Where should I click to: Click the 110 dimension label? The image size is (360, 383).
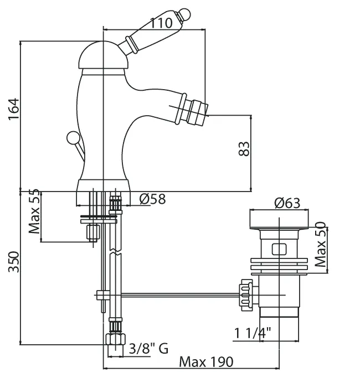(161, 23)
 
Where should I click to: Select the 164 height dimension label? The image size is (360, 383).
(13, 109)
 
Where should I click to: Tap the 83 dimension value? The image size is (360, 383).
(244, 148)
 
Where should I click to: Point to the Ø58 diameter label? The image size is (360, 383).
(152, 199)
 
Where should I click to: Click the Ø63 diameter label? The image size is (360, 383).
(287, 203)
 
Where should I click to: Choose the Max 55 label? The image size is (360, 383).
(34, 211)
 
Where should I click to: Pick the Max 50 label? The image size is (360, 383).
(321, 244)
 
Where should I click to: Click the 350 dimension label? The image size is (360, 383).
(14, 262)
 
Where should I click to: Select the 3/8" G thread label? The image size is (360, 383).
(149, 348)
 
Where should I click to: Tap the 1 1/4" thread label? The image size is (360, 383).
(253, 333)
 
